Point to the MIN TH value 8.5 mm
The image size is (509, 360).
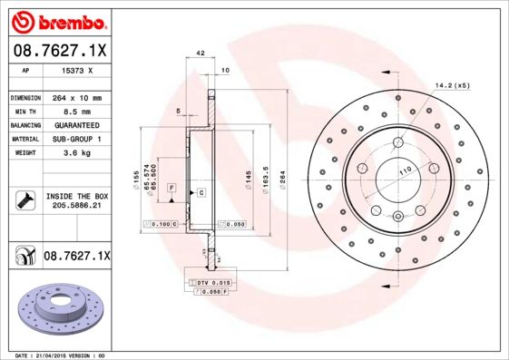[76, 111]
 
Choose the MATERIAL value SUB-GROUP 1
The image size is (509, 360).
[76, 139]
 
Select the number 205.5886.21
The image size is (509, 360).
[76, 206]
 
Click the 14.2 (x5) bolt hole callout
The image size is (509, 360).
[451, 86]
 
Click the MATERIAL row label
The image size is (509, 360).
[24, 139]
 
